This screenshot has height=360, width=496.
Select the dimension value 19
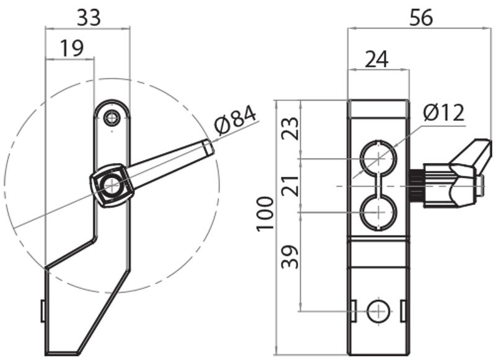tap(72, 48)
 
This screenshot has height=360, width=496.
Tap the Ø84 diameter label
tap(235, 120)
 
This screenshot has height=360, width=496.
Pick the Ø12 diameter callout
tap(444, 113)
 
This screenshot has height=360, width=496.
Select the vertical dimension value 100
tap(265, 213)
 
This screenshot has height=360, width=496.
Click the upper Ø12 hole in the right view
tap(378, 159)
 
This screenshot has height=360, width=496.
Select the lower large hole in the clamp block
tap(378, 211)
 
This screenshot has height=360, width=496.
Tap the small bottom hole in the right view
tap(377, 312)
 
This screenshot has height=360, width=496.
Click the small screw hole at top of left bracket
tap(112, 117)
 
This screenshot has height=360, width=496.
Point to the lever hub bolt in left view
tap(111, 184)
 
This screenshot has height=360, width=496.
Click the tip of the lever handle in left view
tap(209, 147)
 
